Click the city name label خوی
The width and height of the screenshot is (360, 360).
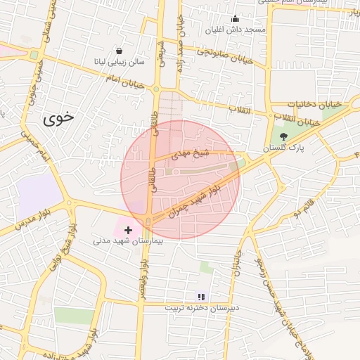58,118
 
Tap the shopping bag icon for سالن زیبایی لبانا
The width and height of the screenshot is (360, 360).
119,51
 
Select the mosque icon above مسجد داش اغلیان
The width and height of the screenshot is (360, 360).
235,19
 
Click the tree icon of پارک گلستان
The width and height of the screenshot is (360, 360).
283,136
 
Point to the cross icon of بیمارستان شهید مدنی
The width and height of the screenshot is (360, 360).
128,230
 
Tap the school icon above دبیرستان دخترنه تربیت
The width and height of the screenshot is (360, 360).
202,297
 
